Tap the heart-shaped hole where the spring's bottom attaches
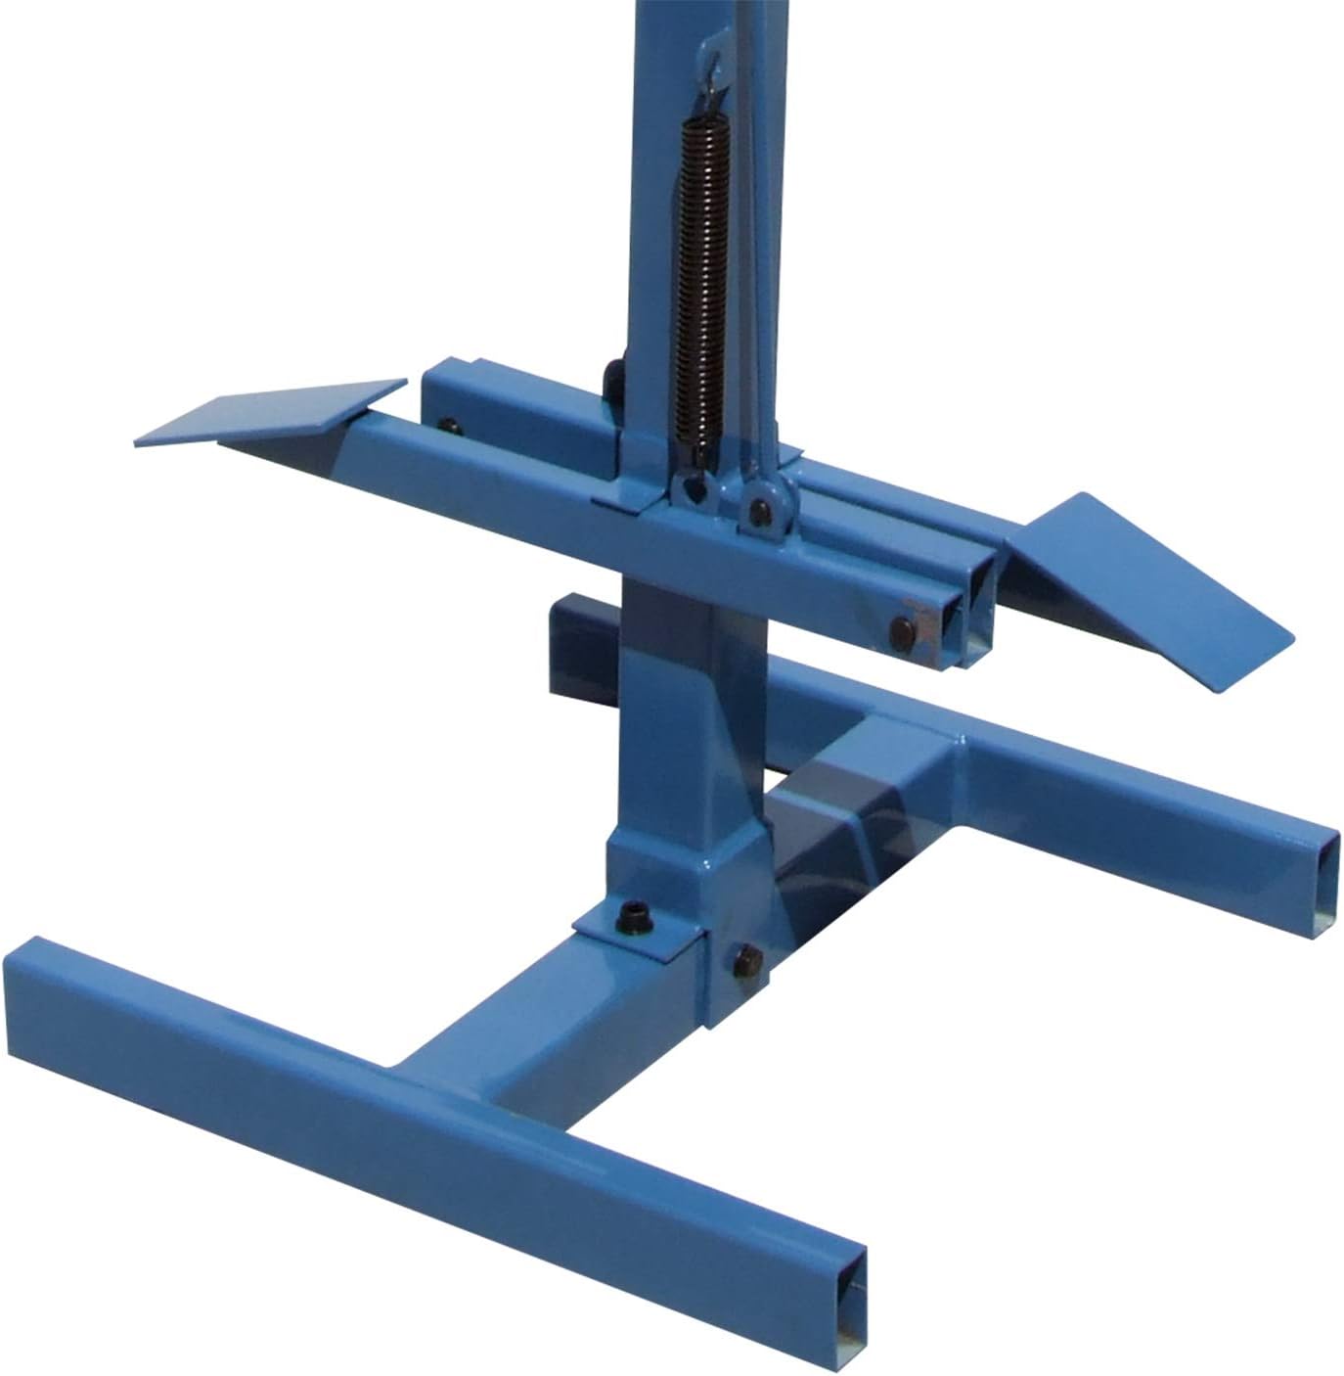(692, 489)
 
